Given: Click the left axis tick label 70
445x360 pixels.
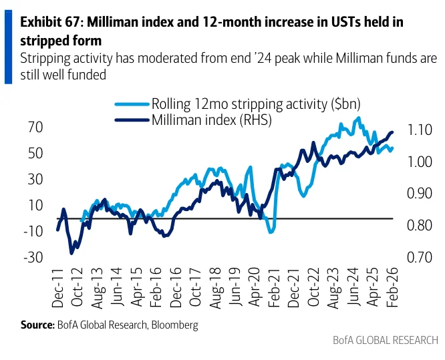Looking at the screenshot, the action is click(35, 128).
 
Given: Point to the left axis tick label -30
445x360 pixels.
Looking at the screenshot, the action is click(33, 258).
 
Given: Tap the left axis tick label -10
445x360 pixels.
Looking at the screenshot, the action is click(33, 232).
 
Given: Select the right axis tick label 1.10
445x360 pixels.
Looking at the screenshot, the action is click(419, 130).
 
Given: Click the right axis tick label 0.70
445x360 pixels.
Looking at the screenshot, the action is click(419, 257).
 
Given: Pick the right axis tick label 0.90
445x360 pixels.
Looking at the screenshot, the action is click(419, 194).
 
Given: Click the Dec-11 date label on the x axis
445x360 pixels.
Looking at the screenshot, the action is click(58, 287).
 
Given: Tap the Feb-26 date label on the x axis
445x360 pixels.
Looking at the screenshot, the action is click(393, 287).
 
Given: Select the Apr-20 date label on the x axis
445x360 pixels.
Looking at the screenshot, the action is click(255, 287).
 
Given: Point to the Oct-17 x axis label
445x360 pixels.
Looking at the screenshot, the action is click(196, 287).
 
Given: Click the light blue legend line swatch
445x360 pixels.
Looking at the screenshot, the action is click(132, 104).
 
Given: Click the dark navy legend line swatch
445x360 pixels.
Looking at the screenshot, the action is click(132, 120).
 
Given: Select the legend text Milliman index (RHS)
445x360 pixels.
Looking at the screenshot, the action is click(212, 120).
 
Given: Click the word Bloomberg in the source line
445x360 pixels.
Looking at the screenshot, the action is click(175, 325).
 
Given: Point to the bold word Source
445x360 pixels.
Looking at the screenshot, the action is click(37, 325).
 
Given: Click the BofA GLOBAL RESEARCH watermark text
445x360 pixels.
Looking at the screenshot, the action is click(386, 340).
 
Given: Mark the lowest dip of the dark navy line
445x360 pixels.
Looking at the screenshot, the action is click(71, 253).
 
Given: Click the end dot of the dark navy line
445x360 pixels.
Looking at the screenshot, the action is click(392, 132).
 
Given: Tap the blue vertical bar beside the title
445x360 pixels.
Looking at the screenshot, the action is click(9, 47).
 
